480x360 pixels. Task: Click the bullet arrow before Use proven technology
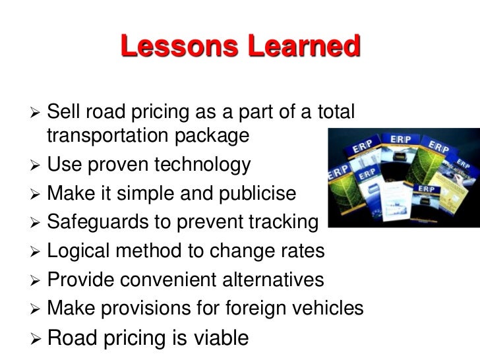(37, 164)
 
